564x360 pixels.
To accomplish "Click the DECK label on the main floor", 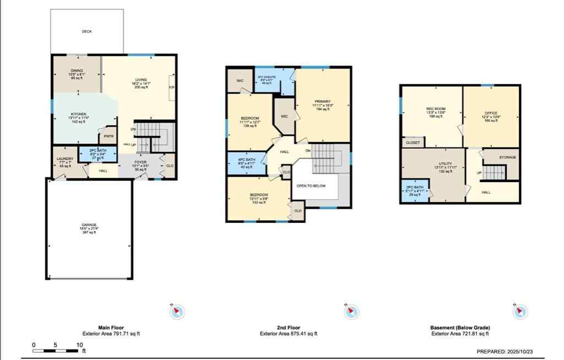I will pyautogui.click(x=86, y=32).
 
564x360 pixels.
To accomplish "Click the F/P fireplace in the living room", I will pyautogui.click(x=171, y=87).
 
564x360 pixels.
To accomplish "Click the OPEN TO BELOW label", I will pyautogui.click(x=311, y=186).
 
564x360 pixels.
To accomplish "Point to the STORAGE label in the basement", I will pyautogui.click(x=507, y=157).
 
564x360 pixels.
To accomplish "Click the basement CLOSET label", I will pyautogui.click(x=413, y=143).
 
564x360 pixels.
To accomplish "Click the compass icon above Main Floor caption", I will pyautogui.click(x=177, y=312).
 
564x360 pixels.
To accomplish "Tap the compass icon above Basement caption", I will pyautogui.click(x=520, y=312).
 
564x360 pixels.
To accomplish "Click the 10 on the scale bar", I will pyautogui.click(x=79, y=345).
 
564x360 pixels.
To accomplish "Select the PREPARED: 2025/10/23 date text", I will pyautogui.click(x=507, y=351).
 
